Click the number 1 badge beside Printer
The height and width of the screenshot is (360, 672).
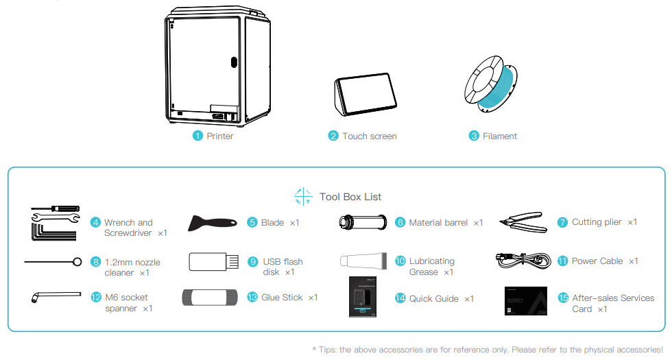coord(197,136)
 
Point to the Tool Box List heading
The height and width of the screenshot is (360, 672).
coord(350,197)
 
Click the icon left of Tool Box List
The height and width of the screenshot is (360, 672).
coord(303,197)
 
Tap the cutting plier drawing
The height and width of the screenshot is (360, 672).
coord(523,222)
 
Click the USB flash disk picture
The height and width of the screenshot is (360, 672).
coord(213,261)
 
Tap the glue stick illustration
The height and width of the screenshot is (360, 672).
coord(211,297)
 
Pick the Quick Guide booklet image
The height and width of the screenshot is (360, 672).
coord(363,297)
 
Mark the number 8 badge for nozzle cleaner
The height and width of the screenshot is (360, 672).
coord(96,261)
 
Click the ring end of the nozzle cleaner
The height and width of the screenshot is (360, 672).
coord(77,261)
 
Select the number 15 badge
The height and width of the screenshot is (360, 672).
coord(564,298)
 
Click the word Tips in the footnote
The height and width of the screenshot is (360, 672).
coord(328,350)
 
